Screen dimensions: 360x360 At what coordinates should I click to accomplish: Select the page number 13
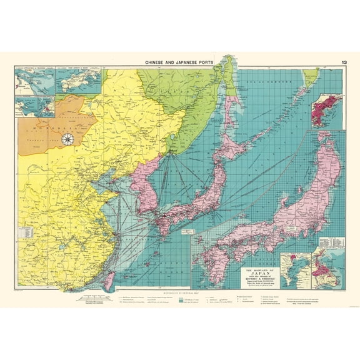tap(345, 62)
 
